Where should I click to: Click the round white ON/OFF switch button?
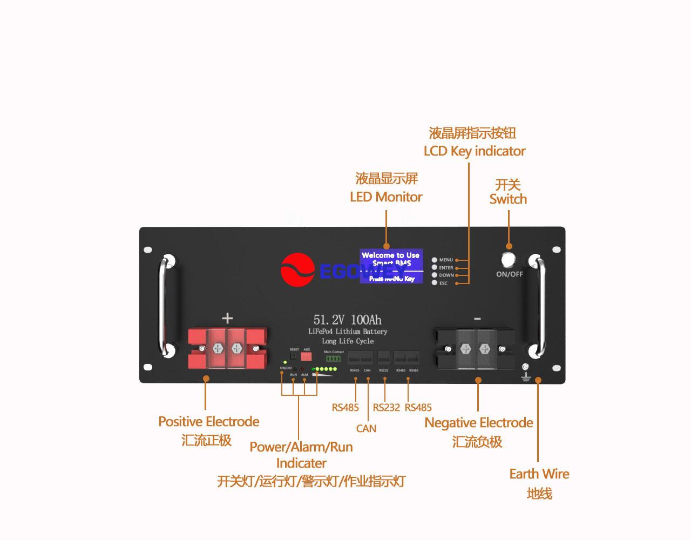click(x=509, y=260)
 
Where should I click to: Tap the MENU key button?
click(x=435, y=260)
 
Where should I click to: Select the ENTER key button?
click(x=435, y=268)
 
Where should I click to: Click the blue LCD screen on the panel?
click(x=391, y=266)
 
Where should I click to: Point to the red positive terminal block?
click(x=227, y=348)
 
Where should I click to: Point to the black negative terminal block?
click(x=475, y=349)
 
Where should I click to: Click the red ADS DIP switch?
click(x=306, y=357)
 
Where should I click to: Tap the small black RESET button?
click(x=294, y=356)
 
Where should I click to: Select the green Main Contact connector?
click(x=334, y=359)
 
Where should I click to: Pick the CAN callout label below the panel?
click(x=366, y=429)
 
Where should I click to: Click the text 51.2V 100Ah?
click(x=347, y=320)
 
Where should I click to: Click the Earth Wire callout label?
click(x=539, y=474)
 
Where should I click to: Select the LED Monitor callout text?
click(x=386, y=197)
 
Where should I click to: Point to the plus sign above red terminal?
click(x=227, y=318)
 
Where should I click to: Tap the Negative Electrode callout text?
click(x=478, y=423)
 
